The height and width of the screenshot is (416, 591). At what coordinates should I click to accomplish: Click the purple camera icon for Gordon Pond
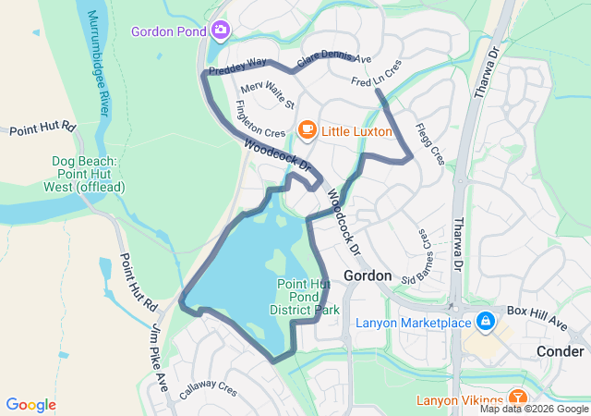click(x=220, y=31)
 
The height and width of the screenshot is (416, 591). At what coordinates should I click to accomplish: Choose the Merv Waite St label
click(x=267, y=93)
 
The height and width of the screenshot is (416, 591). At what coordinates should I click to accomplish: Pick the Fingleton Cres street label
click(x=260, y=120)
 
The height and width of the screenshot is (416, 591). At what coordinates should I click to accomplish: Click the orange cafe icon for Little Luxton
click(x=308, y=131)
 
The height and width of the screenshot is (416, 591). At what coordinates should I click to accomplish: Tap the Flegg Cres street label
click(x=429, y=143)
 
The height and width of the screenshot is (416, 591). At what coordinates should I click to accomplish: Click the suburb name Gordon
click(x=367, y=275)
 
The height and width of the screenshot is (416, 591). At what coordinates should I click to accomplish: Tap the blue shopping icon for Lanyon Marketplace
click(x=486, y=322)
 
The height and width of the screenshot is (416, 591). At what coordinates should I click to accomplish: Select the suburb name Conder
click(x=560, y=351)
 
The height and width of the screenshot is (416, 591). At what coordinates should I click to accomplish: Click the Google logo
click(x=30, y=405)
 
